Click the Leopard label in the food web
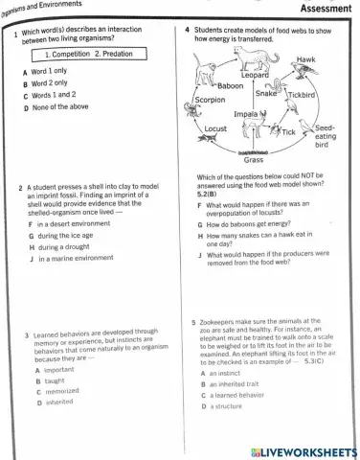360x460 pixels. [255, 74]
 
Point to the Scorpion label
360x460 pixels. [210, 100]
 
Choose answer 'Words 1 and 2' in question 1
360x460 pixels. [74, 95]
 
